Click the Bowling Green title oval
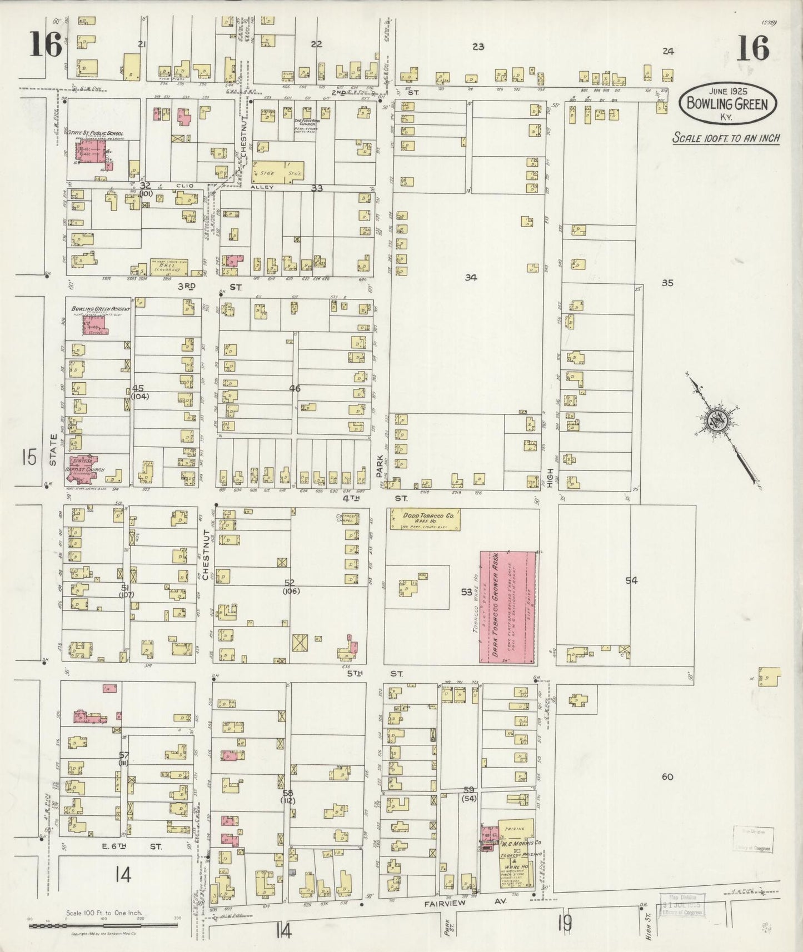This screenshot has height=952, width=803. coord(728,103)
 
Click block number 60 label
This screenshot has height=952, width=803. coord(667,776)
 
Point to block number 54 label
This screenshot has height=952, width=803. coord(631,581)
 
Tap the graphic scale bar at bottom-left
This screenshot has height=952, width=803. coord(103,926)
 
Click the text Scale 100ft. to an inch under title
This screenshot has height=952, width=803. coord(726,138)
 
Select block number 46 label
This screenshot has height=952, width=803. coord(295,389)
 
